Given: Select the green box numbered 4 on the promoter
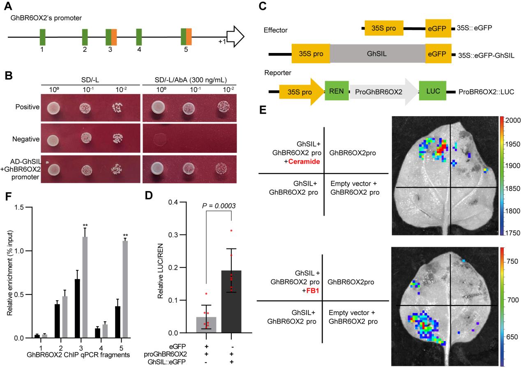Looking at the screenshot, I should click(x=139, y=37).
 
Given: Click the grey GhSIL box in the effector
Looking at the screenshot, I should click(x=377, y=54).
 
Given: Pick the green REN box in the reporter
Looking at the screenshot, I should click(x=337, y=91).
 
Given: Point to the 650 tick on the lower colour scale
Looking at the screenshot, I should click(x=511, y=337).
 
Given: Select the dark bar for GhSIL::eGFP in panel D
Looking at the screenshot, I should click(x=231, y=301).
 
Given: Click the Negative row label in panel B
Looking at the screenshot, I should click(x=28, y=139).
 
